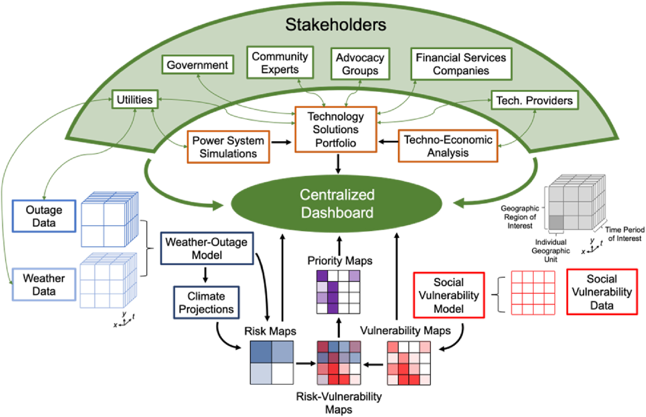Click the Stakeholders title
coord(335,25)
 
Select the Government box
coord(198,65)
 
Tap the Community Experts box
coord(280,62)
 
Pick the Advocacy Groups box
coord(360,64)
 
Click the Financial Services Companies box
coord(461,64)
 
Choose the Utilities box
coord(135,99)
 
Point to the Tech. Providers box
coord(535,101)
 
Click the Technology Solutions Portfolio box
coord(335,129)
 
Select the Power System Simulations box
coord(228,147)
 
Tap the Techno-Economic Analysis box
coord(448,146)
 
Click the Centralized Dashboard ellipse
coord(337,204)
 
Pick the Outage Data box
coord(44,216)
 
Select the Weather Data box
coord(44,284)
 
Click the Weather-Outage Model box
coord(207,248)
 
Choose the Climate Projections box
coord(206,303)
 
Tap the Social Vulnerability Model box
coord(449,295)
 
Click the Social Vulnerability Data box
coord(602,292)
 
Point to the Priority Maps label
coord(340,261)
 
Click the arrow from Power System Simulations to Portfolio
coord(281,142)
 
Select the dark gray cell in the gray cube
coord(556,222)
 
